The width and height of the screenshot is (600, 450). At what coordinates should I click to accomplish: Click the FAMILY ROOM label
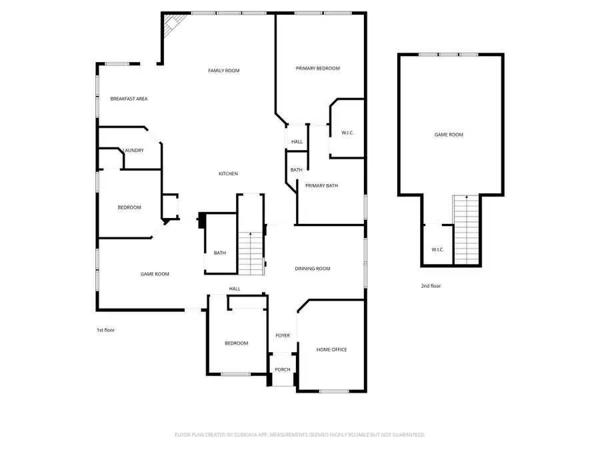pos(223,71)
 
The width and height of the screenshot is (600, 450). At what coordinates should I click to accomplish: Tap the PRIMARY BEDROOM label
pos(318,69)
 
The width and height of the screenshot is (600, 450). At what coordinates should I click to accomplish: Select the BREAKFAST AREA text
pos(129,99)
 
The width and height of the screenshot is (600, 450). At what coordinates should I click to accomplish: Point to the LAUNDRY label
pos(133,150)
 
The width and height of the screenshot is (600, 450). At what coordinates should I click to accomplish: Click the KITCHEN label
pos(228,174)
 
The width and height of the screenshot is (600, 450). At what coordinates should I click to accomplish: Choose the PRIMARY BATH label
pos(321,186)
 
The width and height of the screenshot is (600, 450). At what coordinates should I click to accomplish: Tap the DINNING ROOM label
pos(313,269)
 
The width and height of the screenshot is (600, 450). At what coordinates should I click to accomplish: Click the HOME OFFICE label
pos(331,349)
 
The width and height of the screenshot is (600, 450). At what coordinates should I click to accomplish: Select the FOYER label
pos(283,335)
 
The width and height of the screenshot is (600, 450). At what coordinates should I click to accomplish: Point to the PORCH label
pos(283,369)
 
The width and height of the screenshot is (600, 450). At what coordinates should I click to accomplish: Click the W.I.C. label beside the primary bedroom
pos(347,133)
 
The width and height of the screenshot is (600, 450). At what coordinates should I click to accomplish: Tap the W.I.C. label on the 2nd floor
pos(437,249)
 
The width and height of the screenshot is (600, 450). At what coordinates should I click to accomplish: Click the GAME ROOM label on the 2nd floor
pos(449,135)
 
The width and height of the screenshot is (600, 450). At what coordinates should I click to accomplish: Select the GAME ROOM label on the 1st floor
pos(154,274)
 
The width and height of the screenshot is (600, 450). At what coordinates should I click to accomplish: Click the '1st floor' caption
pos(105,329)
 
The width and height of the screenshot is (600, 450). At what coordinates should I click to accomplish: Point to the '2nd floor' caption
pos(431,286)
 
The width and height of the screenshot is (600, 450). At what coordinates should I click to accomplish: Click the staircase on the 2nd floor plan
pos(466,230)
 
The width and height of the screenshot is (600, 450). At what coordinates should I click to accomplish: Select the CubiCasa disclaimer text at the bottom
pos(299,435)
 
